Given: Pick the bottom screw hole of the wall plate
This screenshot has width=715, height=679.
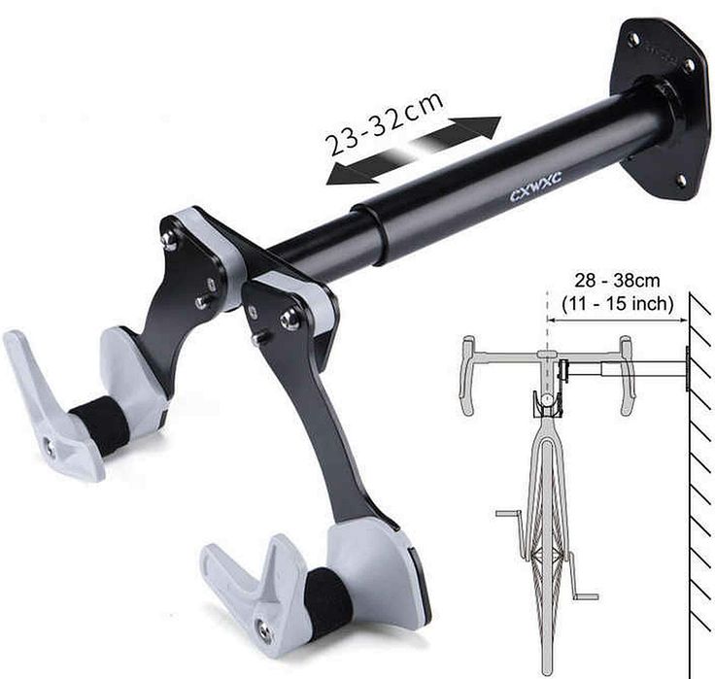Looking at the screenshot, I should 679,181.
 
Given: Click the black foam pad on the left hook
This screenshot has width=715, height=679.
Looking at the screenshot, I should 99,424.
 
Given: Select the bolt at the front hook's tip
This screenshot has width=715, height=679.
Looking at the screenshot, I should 264,630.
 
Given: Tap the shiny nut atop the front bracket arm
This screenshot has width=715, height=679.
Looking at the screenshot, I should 289,320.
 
